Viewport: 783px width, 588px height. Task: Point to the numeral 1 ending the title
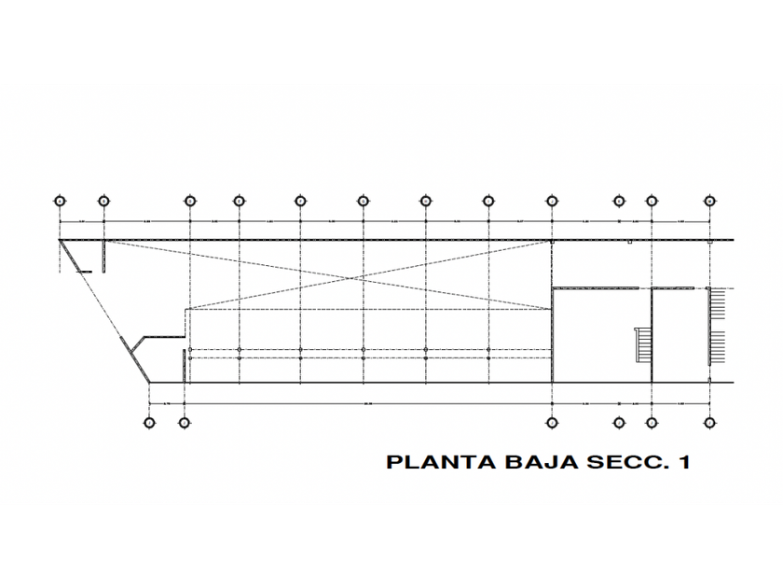pos(684,462)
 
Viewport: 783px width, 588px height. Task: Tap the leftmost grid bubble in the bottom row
pos(150,422)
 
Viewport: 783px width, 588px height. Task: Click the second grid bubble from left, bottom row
pos(185,422)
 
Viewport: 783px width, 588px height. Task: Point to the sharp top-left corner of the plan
pos(61,240)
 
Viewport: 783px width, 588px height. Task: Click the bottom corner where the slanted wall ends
pos(150,381)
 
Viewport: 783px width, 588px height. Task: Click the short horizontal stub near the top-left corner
pos(84,271)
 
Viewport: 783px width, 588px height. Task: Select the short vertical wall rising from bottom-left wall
pos(185,367)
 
